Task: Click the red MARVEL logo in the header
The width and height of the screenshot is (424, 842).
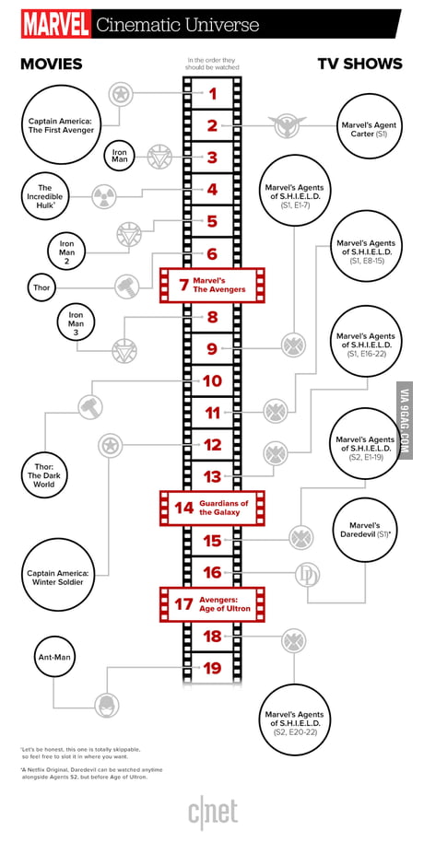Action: click(x=54, y=24)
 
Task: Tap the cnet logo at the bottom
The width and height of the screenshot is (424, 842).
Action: click(x=213, y=813)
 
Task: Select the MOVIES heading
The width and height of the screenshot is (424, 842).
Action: click(x=51, y=64)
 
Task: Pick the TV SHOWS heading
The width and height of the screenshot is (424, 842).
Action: click(x=359, y=64)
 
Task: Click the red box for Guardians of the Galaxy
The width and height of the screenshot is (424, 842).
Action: click(x=213, y=507)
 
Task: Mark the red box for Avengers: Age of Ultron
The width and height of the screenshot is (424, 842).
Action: click(x=213, y=604)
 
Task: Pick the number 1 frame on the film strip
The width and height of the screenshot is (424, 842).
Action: click(x=213, y=92)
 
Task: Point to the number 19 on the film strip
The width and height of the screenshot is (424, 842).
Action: click(x=213, y=668)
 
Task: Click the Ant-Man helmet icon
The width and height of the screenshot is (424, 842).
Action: click(x=108, y=705)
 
